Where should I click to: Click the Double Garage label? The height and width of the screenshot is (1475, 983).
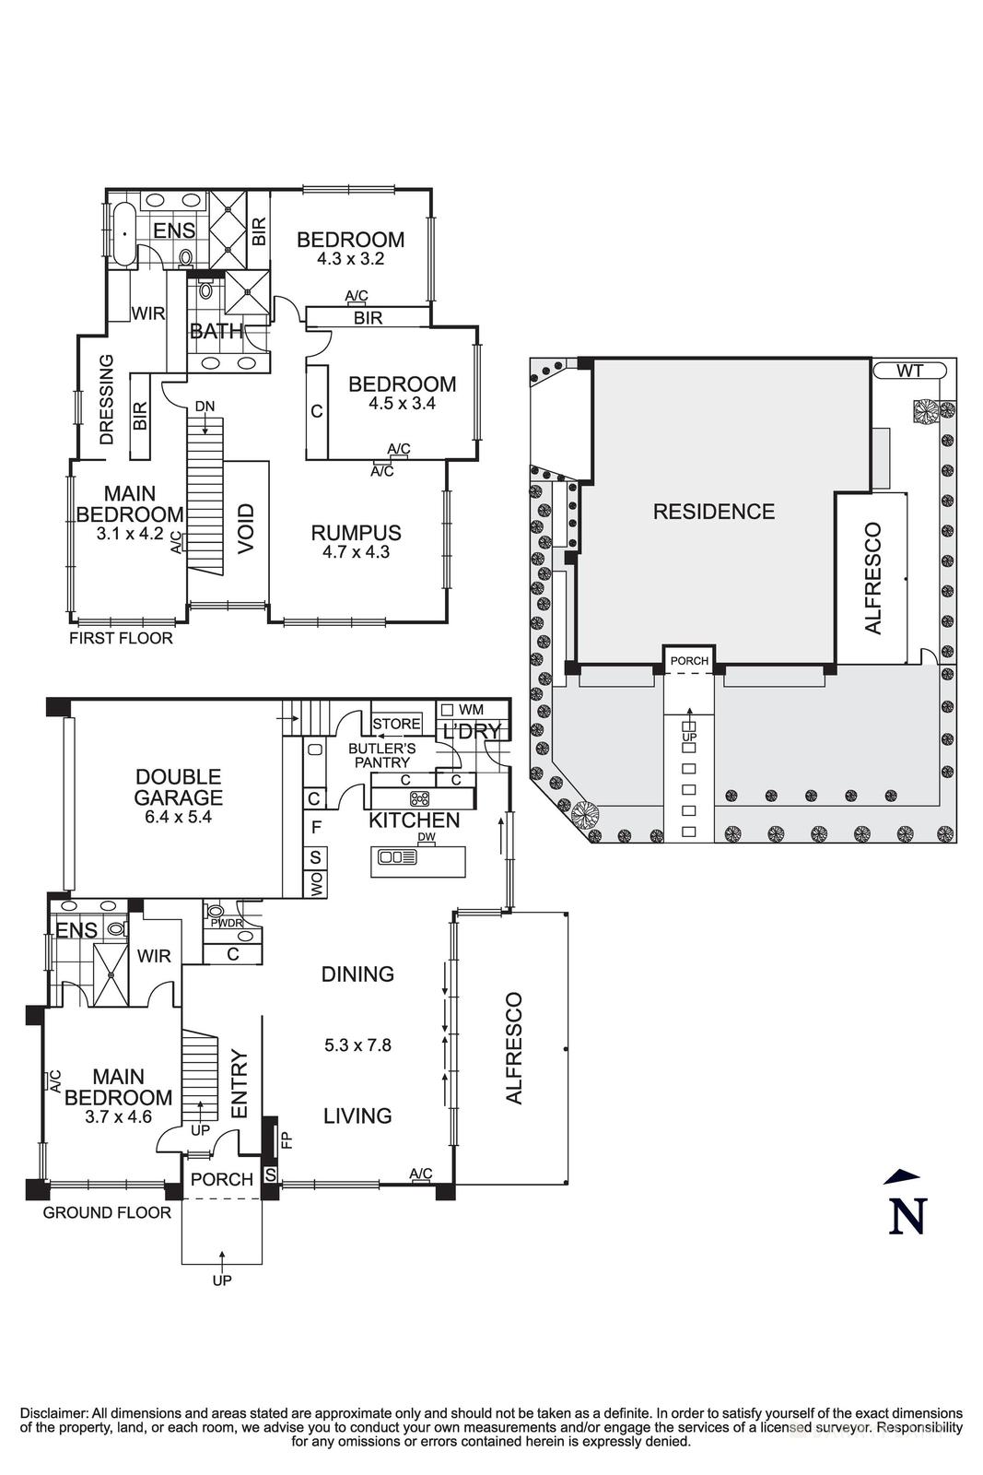(178, 786)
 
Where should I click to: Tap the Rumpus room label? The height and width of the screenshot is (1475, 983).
(356, 533)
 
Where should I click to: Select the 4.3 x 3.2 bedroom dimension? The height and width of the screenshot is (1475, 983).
(350, 259)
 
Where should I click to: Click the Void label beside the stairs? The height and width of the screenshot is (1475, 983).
(246, 529)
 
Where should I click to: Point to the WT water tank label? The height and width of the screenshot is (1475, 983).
(909, 371)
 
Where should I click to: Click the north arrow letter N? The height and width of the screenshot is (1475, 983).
(907, 1215)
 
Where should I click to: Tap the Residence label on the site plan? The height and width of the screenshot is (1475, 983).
(713, 511)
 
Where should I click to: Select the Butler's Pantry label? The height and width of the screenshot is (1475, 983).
(381, 755)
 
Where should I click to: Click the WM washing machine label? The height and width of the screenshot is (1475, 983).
(471, 709)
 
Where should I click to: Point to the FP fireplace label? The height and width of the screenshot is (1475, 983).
(286, 1139)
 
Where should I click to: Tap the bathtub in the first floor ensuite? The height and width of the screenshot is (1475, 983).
(123, 233)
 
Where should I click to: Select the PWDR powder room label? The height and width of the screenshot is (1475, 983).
(227, 922)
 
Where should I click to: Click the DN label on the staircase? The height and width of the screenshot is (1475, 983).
(205, 406)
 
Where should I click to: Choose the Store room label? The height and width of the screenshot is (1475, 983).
(396, 724)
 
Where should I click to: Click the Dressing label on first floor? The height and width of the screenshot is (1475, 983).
(107, 399)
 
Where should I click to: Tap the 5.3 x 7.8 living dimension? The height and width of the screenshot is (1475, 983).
(357, 1044)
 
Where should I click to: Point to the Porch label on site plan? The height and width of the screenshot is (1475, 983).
(689, 661)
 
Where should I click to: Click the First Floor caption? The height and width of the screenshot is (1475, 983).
(121, 638)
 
